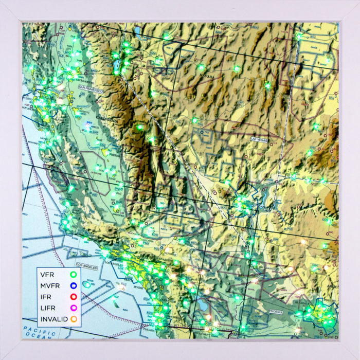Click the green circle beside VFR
(73, 275)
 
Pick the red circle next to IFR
(73, 296)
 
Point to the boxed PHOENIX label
(275, 312)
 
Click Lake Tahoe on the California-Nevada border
(117, 64)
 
